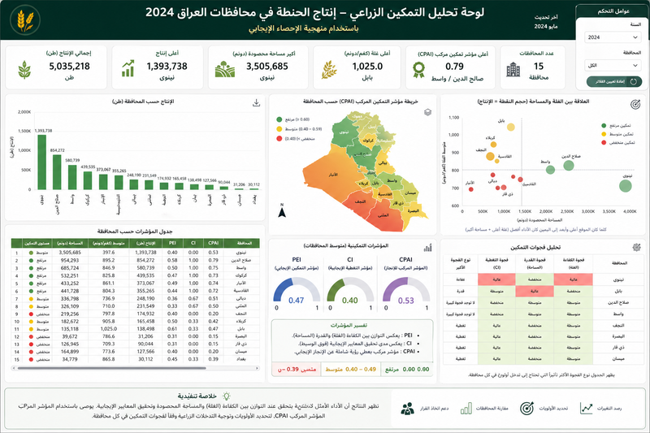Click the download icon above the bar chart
click(x=257, y=103)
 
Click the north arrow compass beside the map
click(x=281, y=214)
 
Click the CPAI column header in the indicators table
click(x=214, y=242)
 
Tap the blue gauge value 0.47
click(x=297, y=301)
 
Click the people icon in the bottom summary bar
click(x=407, y=409)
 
